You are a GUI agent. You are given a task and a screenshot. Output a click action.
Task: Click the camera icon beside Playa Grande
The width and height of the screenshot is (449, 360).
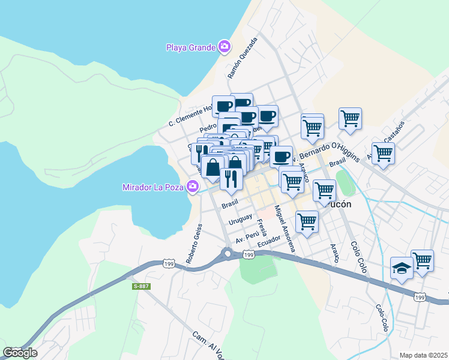coord(224,46)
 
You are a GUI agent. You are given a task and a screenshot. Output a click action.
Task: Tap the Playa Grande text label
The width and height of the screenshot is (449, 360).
coord(191,47)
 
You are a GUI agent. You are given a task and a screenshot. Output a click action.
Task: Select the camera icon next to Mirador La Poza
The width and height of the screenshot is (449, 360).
coord(193,187)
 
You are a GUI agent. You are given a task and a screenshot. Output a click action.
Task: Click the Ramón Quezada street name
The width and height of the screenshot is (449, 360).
coord(242,59)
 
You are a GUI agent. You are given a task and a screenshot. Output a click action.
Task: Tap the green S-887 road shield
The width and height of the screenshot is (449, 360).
coord(141,286)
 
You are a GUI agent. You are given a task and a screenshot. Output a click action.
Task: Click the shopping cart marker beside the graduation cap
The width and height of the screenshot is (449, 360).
coord(423,260)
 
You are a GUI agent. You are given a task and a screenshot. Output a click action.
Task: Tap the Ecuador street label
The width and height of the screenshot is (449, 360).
coord(268,241)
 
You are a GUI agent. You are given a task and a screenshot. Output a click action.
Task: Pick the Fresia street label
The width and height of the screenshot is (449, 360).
coord(261,228)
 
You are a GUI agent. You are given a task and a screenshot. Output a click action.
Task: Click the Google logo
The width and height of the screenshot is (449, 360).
coord(20,353)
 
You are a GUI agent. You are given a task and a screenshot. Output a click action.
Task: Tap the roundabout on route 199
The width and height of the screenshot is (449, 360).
coord(228,254)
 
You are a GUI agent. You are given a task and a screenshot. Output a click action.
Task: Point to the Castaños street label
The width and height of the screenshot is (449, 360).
coord(394,130)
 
